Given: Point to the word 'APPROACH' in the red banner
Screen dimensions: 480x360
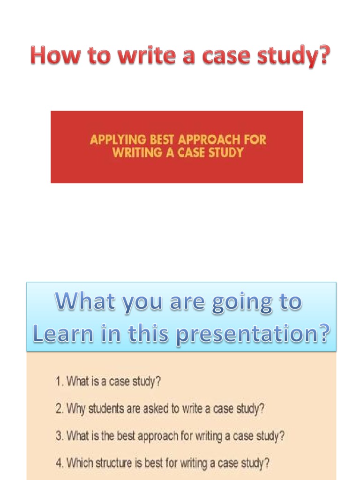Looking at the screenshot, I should (x=210, y=140).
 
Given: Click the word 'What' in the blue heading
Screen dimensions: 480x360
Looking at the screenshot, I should (x=86, y=302).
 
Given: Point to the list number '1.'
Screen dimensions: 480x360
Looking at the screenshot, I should (x=60, y=381).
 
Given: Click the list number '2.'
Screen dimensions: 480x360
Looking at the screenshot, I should (x=60, y=408).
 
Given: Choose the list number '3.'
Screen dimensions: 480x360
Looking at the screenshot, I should (x=60, y=436).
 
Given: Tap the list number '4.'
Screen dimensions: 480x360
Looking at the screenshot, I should (x=60, y=464).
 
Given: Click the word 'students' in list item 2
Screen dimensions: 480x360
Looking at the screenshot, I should (x=105, y=408).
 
